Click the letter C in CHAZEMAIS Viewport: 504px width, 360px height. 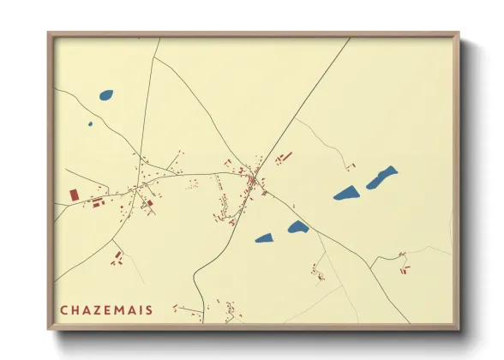click(x=63, y=309)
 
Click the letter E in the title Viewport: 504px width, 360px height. click(x=106, y=309)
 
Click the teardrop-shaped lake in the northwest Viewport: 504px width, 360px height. click(x=106, y=95)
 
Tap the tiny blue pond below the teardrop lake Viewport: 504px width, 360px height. click(x=90, y=123)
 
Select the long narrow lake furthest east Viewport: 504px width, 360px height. click(x=382, y=177)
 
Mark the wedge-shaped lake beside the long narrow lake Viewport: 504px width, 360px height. click(x=345, y=193)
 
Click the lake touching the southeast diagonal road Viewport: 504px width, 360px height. click(x=297, y=227)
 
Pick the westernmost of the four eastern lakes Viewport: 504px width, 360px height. click(x=263, y=238)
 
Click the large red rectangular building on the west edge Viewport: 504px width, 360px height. click(x=74, y=195)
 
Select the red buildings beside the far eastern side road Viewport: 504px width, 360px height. click(x=403, y=269)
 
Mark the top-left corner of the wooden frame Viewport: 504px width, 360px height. click(x=50, y=35)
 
